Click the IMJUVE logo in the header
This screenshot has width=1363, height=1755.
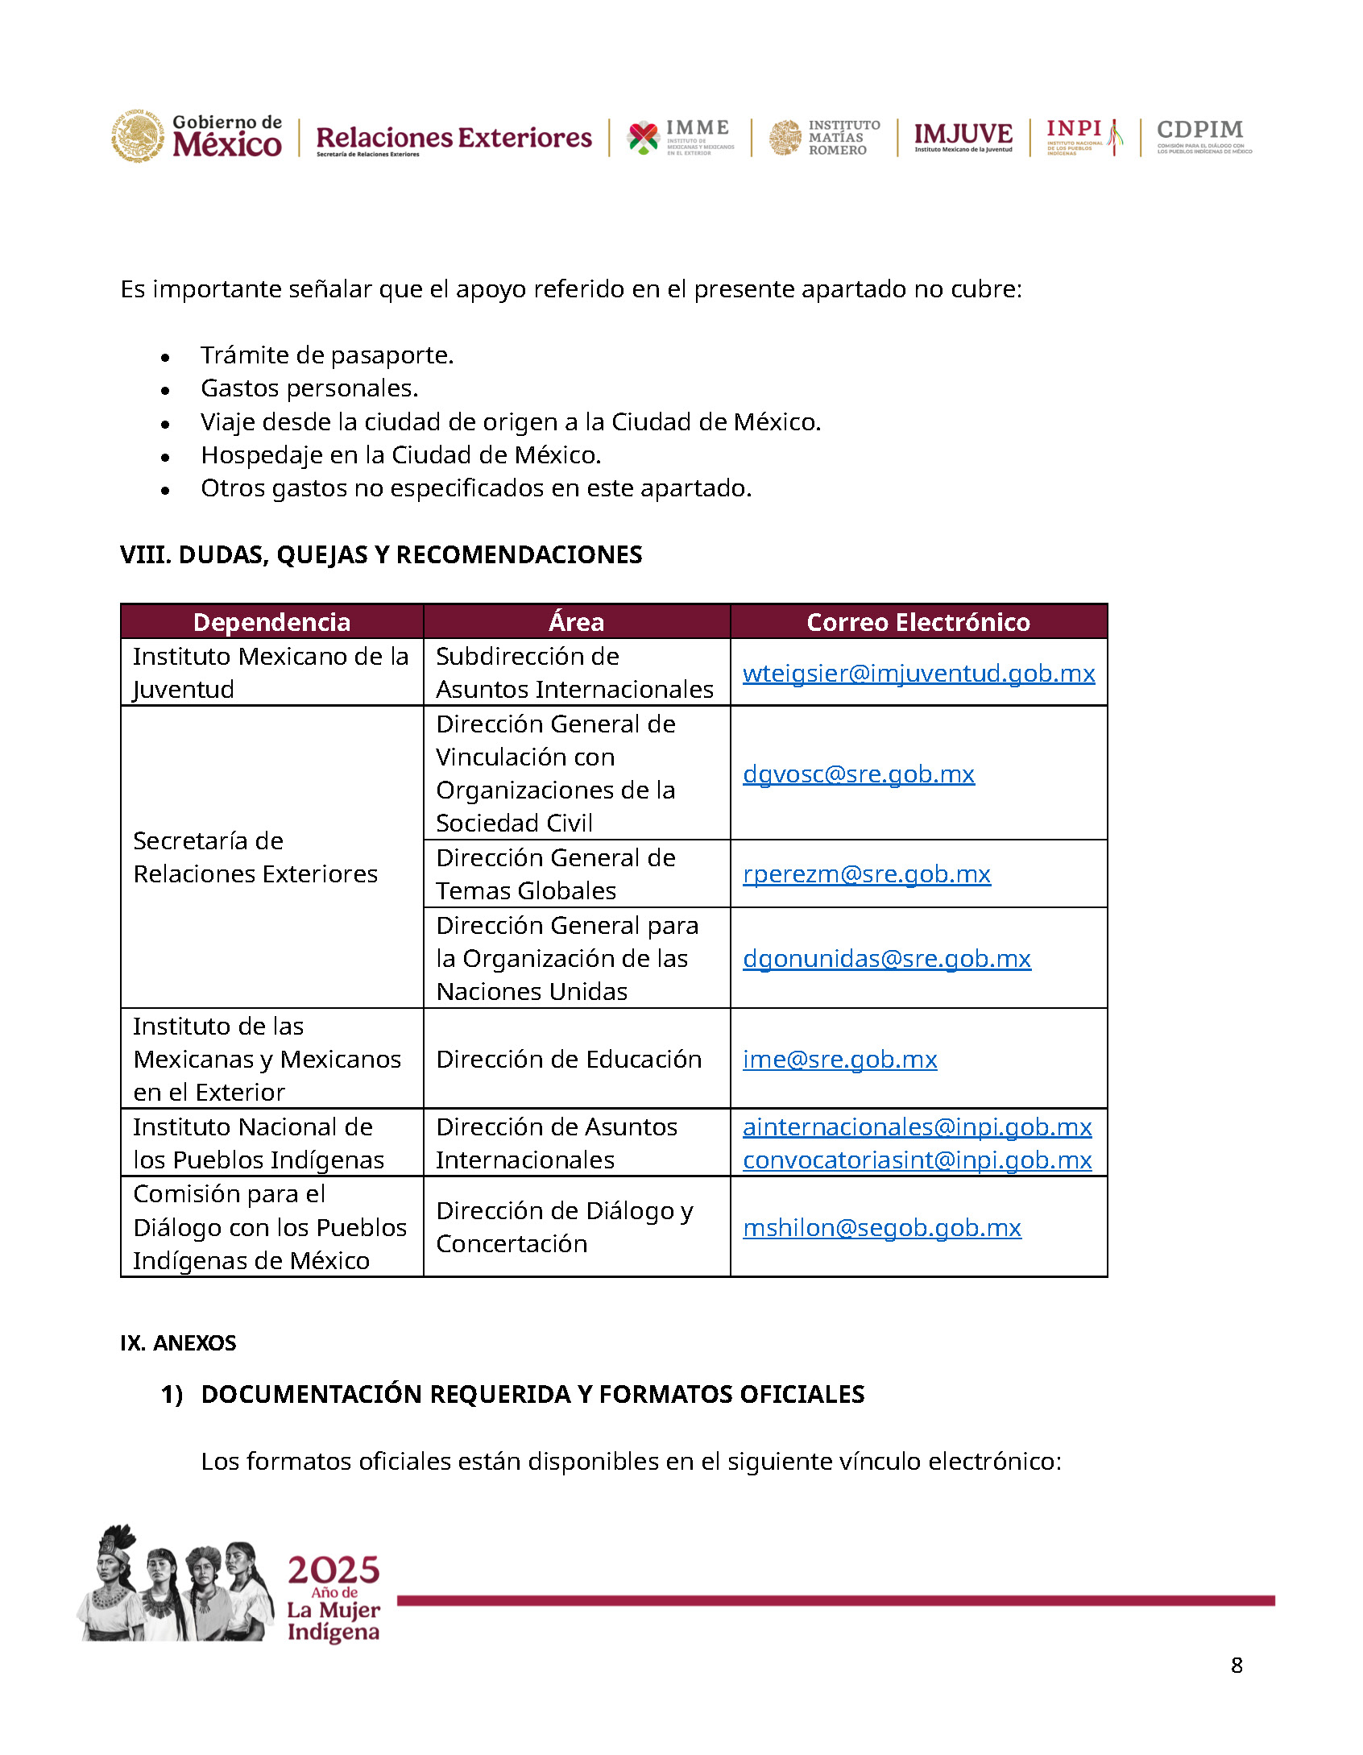[x=963, y=136]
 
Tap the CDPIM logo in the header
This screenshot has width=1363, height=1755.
[x=1203, y=136]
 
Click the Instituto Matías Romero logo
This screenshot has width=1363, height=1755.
[x=824, y=137]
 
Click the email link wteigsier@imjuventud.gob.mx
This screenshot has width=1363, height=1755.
[x=918, y=674]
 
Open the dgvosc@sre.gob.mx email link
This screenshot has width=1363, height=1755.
[x=858, y=774]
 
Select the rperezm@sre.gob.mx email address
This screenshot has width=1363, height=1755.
[x=866, y=874]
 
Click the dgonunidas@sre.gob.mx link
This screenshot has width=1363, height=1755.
[x=886, y=959]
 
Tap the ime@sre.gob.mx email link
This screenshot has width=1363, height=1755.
[x=839, y=1060]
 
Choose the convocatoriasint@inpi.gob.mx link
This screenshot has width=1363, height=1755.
[x=917, y=1160]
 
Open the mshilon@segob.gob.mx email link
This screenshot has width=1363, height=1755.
[x=881, y=1228]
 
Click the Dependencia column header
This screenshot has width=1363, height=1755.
[x=271, y=622]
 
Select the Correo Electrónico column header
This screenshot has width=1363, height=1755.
[x=918, y=622]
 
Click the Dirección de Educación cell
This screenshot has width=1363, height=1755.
[x=569, y=1060]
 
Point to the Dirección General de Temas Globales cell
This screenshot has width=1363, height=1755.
[x=556, y=874]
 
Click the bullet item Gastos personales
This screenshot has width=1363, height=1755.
[x=309, y=388]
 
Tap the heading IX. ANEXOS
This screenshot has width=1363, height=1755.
[x=178, y=1343]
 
